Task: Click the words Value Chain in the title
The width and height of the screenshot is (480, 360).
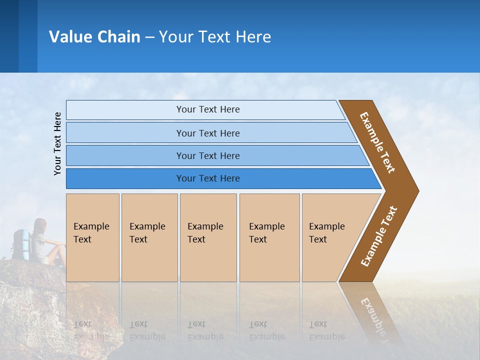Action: click(x=94, y=37)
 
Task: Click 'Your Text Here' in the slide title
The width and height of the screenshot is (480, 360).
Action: click(x=215, y=37)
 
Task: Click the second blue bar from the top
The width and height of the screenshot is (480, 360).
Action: click(x=208, y=133)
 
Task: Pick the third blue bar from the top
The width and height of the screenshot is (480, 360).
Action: click(x=208, y=156)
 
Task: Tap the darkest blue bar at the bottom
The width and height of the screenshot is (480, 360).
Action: click(x=208, y=178)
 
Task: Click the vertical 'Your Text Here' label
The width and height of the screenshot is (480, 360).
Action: click(x=57, y=143)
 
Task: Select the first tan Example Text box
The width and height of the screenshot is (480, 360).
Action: click(x=92, y=237)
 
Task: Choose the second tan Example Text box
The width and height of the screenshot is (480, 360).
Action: click(x=149, y=237)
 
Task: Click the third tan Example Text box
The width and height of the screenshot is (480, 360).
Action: click(x=208, y=237)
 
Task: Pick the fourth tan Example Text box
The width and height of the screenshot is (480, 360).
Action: click(x=269, y=237)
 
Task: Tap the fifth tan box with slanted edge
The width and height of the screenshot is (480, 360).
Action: click(x=330, y=237)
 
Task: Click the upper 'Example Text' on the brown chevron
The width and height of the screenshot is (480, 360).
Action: click(x=377, y=142)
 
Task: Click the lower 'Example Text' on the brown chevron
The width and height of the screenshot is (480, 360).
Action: click(x=378, y=236)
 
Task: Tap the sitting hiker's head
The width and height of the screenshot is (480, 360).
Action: click(x=40, y=224)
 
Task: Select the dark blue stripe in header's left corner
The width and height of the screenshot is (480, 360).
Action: click(x=9, y=36)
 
